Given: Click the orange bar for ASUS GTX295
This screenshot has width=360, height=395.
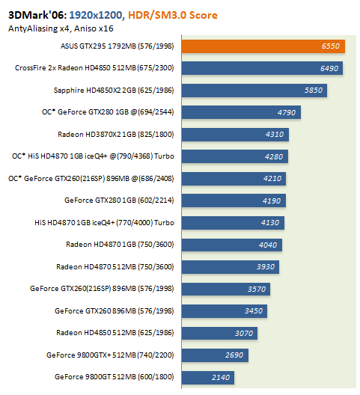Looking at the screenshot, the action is click(263, 46).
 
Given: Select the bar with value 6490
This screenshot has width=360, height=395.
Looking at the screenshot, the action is click(262, 68).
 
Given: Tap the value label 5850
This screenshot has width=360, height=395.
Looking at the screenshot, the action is click(314, 91).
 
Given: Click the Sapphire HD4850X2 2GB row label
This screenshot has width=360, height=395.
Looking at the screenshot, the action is click(114, 91).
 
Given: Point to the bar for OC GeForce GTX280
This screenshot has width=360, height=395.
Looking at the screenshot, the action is click(241, 112).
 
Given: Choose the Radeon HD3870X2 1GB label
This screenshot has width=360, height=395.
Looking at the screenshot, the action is click(116, 134).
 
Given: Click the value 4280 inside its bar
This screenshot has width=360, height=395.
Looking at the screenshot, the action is click(274, 156).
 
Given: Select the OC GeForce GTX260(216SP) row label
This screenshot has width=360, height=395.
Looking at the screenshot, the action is click(91, 178).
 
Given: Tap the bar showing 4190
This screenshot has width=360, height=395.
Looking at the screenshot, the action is click(234, 200).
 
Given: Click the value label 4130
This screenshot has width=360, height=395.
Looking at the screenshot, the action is click(270, 223).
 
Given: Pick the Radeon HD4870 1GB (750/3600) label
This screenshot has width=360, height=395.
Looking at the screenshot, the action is click(120, 245).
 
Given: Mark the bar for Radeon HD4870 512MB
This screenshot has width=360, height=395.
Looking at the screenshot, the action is click(231, 267).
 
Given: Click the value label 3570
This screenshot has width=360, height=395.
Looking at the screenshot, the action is click(257, 289).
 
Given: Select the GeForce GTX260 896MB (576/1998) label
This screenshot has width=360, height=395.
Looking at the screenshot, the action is click(115, 311).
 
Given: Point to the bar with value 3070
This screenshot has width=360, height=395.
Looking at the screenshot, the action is click(219, 334).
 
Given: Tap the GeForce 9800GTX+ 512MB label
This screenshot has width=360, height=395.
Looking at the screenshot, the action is click(110, 355).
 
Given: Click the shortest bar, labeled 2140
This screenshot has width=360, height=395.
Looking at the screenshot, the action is click(208, 377).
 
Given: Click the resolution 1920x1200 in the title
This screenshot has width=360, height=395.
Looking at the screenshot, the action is click(96, 15).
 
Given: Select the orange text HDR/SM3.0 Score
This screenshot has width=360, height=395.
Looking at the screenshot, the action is click(173, 15).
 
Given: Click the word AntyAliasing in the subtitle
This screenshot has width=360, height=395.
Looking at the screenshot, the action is click(33, 28).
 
